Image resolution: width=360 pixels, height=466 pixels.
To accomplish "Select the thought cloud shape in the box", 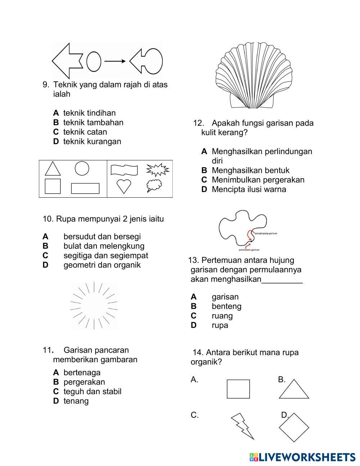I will click(154, 185).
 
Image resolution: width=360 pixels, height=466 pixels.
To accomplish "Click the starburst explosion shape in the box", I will click(158, 169).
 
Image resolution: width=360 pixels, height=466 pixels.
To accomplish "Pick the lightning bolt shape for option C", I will click(242, 426).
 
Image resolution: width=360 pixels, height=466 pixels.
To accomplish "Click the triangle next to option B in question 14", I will click(294, 390).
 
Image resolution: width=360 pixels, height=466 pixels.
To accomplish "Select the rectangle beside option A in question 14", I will click(238, 389).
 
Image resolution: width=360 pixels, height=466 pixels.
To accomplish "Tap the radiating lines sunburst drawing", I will click(94, 306).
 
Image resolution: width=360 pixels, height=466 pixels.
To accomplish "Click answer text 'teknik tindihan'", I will click(89, 113).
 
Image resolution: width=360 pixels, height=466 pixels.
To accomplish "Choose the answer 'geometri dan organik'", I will click(102, 265).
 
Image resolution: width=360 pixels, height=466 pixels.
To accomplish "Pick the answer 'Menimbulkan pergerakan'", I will click(258, 180).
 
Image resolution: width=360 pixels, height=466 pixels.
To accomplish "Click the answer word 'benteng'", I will click(226, 306).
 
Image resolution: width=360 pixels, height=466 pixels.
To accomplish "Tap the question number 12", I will click(198, 123).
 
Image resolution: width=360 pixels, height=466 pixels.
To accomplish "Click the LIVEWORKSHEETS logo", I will click(302, 457).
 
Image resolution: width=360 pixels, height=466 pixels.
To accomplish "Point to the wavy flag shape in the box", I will click(124, 169).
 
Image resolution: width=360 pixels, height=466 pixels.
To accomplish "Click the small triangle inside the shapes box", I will click(53, 169).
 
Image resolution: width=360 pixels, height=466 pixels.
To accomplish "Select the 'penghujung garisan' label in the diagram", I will click(266, 233).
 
